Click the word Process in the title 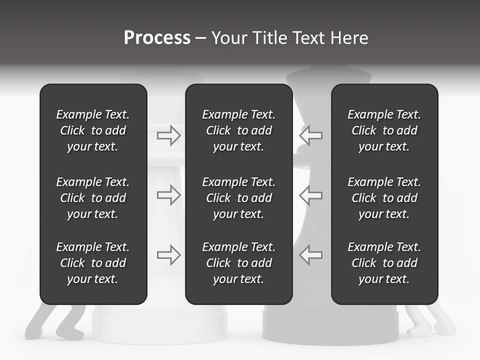157,38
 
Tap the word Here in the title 349,38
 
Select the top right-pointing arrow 169,135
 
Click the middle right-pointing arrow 169,195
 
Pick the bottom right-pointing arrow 169,254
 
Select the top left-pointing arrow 311,135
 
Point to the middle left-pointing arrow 311,195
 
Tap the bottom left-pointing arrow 311,254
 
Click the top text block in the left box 93,130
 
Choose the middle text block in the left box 93,198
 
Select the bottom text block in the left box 93,263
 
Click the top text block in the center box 239,130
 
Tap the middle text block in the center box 239,198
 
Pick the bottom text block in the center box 239,263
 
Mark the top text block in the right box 384,130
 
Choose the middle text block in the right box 384,198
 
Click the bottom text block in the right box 384,263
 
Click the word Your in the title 228,38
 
